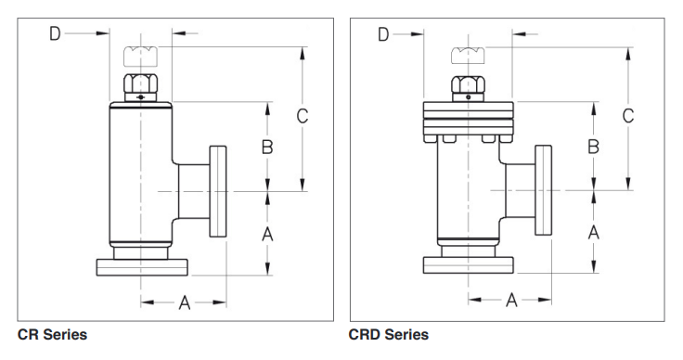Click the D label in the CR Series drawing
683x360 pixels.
click(x=55, y=33)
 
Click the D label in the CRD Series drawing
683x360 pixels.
click(x=383, y=34)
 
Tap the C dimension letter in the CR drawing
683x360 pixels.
click(x=303, y=116)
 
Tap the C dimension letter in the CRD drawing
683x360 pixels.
click(x=628, y=116)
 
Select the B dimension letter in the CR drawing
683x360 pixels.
click(x=267, y=148)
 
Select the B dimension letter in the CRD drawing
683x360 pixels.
click(x=594, y=147)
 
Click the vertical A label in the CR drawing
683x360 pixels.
click(x=267, y=234)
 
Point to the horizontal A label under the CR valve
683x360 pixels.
click(x=185, y=302)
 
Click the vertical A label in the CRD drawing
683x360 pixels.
click(x=594, y=233)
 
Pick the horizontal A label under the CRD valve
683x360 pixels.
click(x=511, y=300)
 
